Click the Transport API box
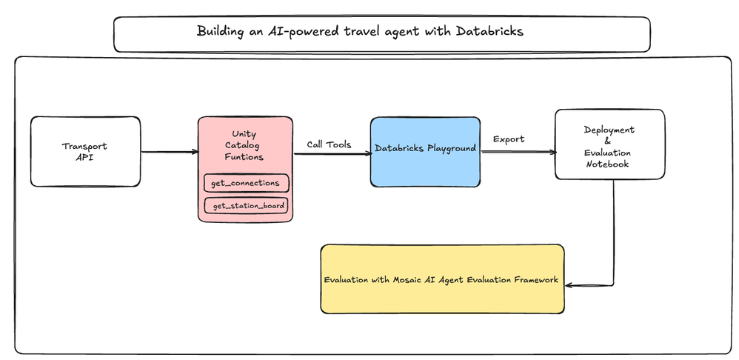coord(85,151)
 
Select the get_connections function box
coord(246,183)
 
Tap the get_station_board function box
coord(246,206)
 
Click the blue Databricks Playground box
coord(425,152)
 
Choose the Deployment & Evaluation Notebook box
coord(609,144)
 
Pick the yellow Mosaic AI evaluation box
coord(442,279)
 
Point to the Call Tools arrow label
coord(329,144)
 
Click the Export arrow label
coord(509,139)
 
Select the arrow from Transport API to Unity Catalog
coord(169,152)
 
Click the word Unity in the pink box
coord(244,133)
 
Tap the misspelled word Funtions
coord(244,157)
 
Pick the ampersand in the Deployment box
coord(608,141)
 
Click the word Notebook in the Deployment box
coord(608,164)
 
